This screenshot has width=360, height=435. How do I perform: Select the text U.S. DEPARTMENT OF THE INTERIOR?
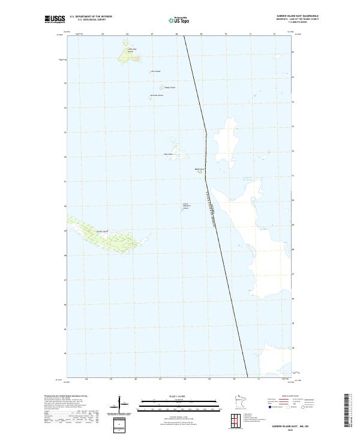click(x=91, y=17)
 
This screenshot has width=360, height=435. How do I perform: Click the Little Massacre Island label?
click(x=186, y=206)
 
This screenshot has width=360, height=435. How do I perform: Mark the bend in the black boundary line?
click(x=206, y=133)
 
